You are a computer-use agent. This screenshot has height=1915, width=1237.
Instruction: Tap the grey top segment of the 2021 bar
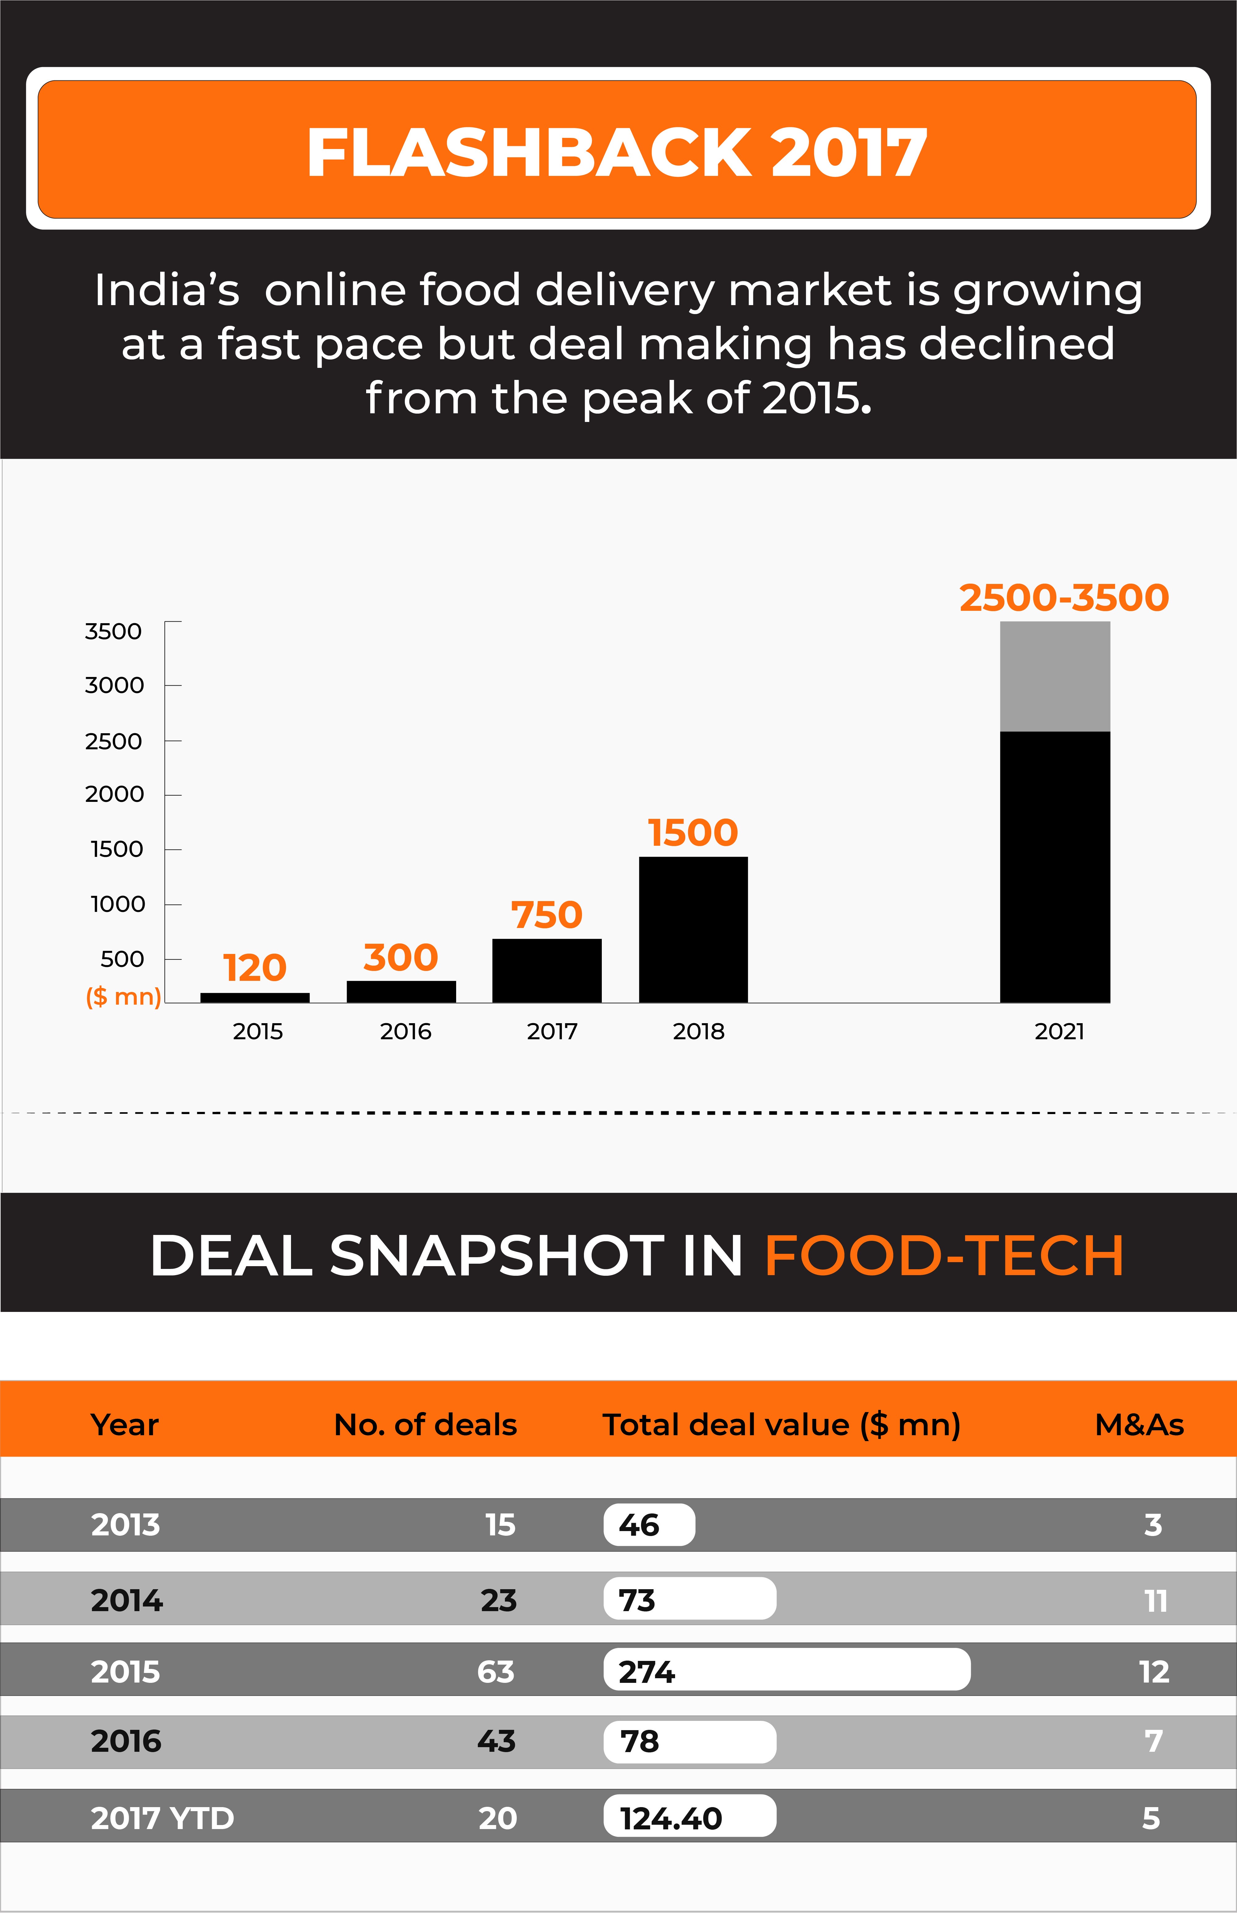click(x=1055, y=676)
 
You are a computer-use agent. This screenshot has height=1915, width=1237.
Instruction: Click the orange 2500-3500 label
click(x=1064, y=598)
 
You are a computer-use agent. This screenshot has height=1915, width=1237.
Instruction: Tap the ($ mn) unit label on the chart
click(x=123, y=996)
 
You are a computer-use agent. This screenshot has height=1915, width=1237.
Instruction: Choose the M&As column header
click(x=1139, y=1424)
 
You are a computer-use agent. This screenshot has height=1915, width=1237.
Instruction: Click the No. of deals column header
click(x=425, y=1424)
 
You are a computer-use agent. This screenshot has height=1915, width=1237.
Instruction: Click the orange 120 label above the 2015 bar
click(x=255, y=968)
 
